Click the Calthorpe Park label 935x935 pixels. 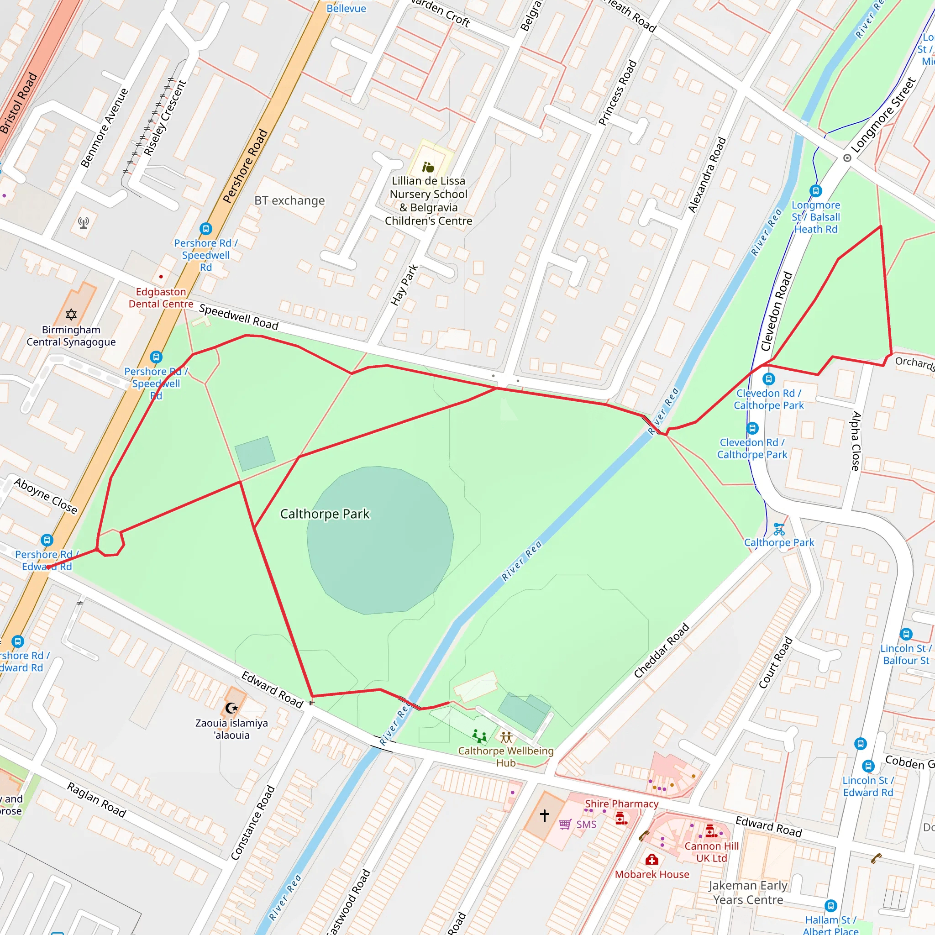325,514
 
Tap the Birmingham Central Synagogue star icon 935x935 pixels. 71,315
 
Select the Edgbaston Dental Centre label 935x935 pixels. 161,298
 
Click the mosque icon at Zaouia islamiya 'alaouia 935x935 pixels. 232,708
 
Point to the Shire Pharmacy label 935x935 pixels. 621,804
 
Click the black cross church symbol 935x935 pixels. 545,815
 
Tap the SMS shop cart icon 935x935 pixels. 565,824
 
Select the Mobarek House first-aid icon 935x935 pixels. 651,860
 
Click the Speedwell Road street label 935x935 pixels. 239,317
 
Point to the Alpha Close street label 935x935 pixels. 856,441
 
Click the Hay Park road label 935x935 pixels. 404,285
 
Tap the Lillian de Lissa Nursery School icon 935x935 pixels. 428,168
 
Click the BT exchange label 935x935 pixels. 289,200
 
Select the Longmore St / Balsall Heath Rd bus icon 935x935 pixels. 815,191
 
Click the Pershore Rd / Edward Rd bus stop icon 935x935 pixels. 47,540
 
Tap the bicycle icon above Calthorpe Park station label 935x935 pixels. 779,529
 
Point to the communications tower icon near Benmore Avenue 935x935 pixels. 83,223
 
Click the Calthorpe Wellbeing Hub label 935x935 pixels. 506,756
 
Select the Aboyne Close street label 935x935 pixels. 46,496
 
